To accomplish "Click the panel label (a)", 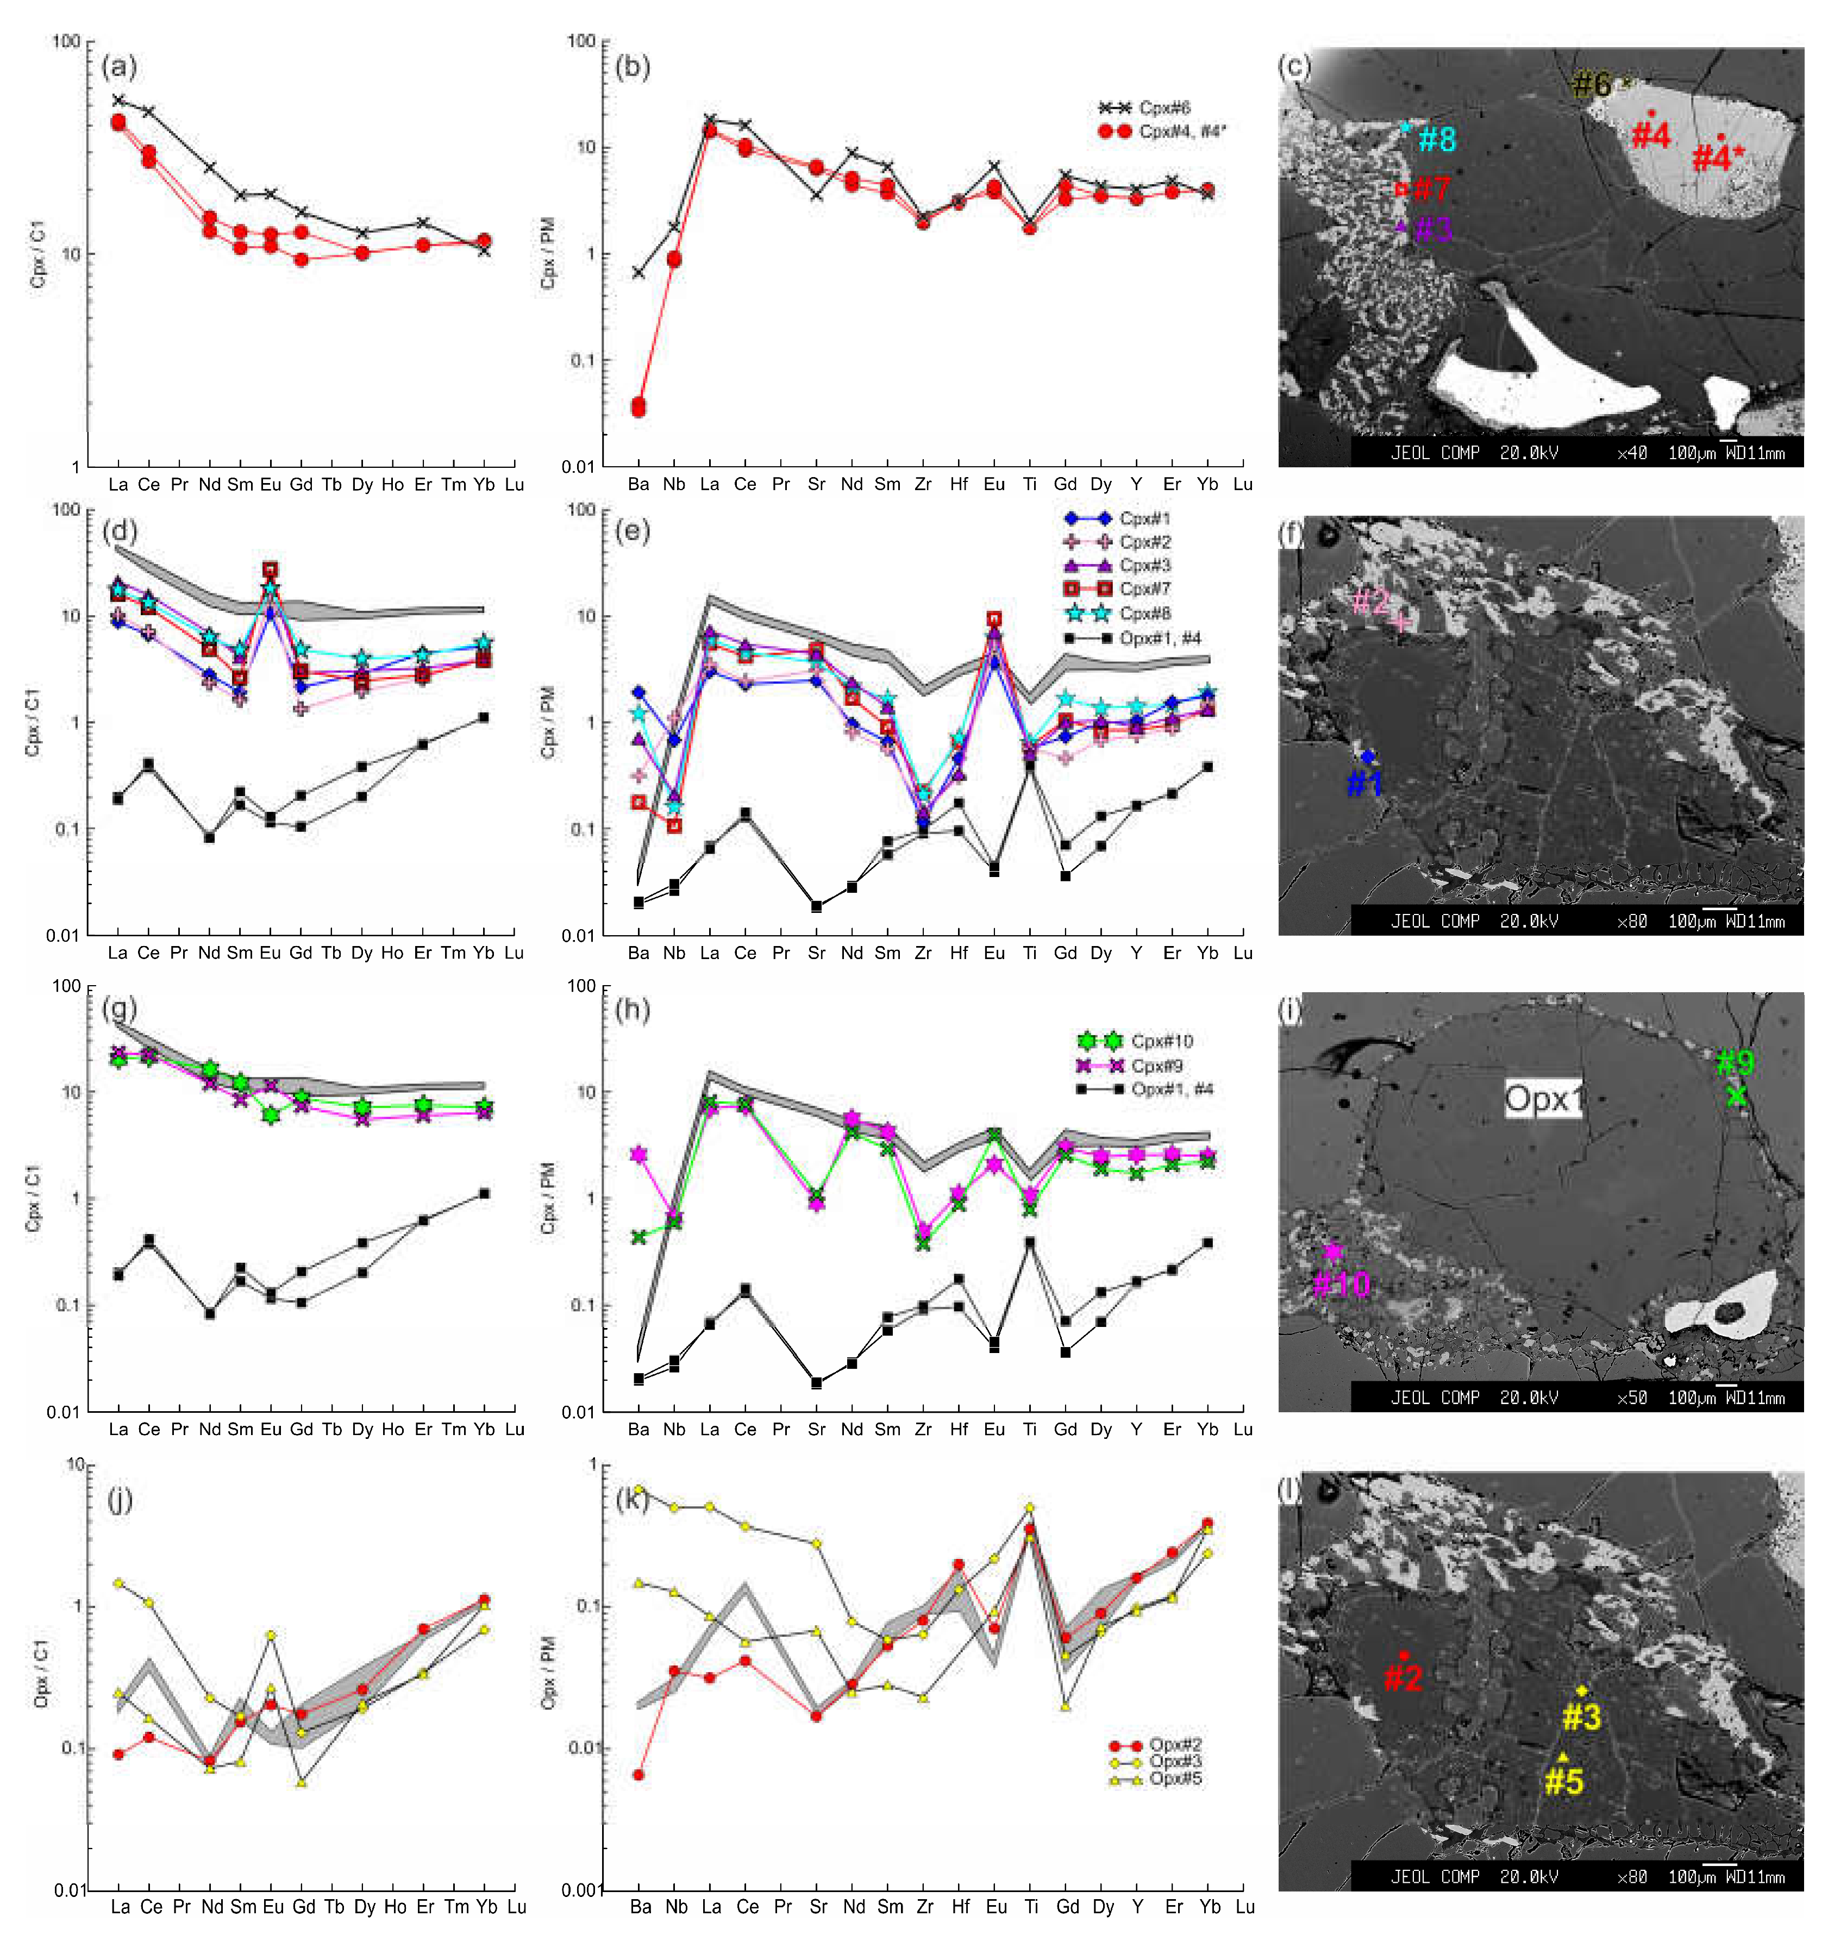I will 119,67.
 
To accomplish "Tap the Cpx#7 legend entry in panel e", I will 1145,588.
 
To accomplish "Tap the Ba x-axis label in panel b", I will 638,484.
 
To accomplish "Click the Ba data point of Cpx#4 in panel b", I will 638,406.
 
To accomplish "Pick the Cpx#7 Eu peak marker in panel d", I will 270,569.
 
